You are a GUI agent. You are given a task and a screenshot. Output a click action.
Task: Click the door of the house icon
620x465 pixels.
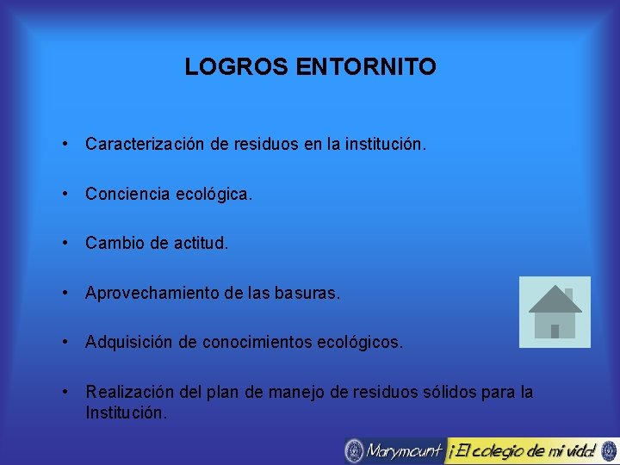coord(555,330)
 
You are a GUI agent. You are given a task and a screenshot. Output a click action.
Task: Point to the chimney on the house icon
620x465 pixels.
coord(567,295)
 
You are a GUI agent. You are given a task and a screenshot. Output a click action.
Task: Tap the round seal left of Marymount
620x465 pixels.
coord(354,450)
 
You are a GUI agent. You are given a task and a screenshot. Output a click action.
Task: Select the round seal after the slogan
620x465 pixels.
coord(609,450)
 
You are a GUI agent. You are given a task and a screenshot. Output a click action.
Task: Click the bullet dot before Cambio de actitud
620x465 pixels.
coord(66,244)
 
